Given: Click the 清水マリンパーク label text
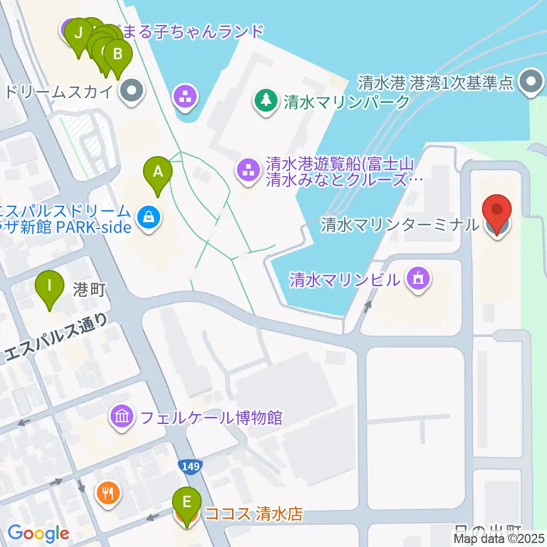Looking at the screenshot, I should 346,102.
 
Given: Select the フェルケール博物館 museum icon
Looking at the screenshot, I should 123,418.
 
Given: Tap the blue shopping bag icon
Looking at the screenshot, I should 149,217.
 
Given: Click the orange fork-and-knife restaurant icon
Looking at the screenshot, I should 107,492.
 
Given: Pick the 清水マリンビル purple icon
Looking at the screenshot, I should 419,279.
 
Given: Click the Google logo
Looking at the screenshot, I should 38,534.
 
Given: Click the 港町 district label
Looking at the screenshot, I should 89,289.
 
